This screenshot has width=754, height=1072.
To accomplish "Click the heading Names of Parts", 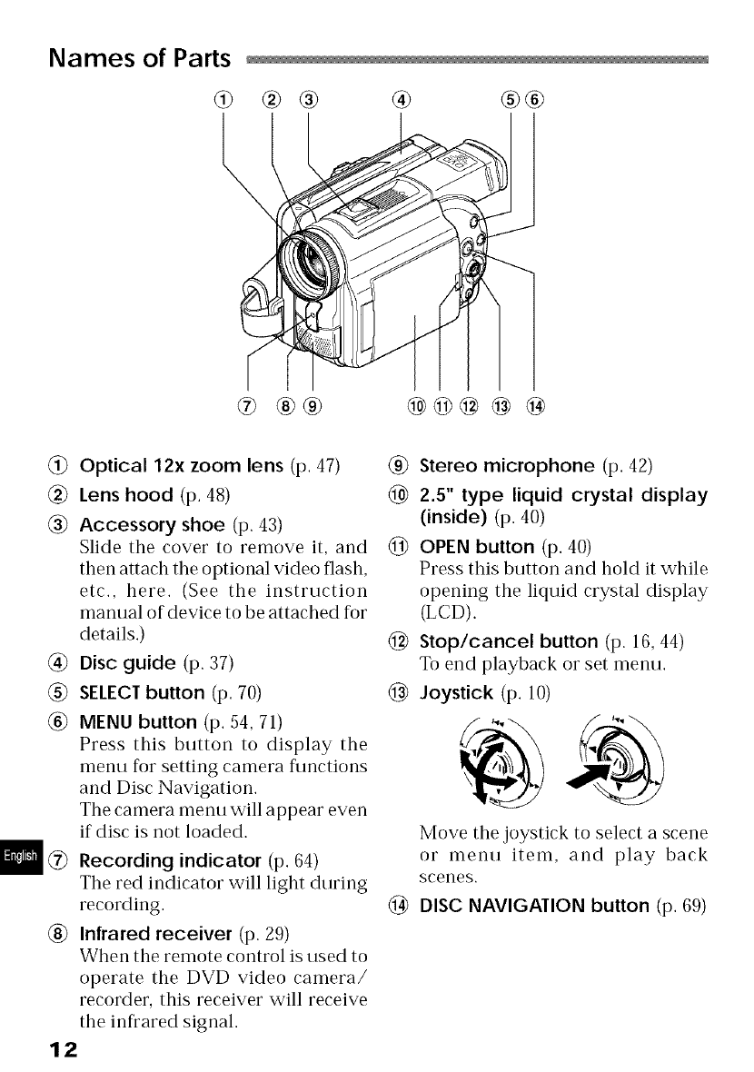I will pos(141,58).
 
